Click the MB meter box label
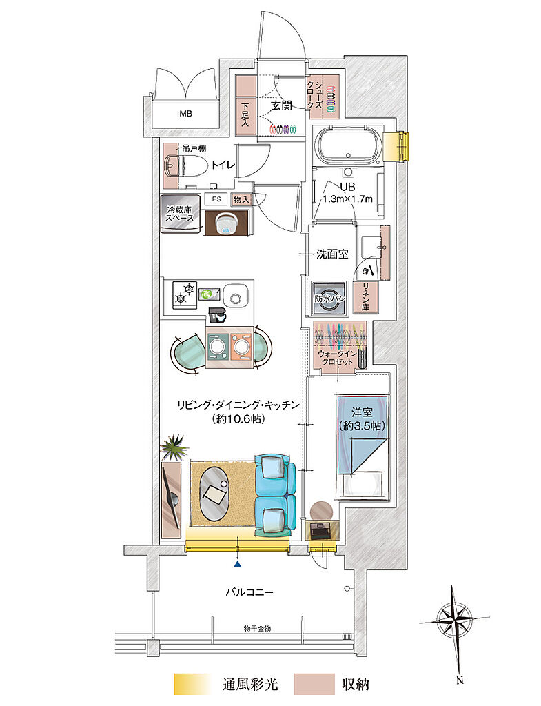click(185, 114)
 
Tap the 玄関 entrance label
click(281, 105)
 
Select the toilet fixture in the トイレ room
click(181, 165)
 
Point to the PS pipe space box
click(216, 199)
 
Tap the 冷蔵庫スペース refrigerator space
click(180, 214)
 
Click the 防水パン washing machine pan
click(329, 298)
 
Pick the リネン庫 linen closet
click(365, 297)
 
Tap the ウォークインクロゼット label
click(338, 358)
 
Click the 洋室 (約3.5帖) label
click(362, 418)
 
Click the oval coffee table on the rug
click(214, 494)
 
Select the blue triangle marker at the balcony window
click(237, 563)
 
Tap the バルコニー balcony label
click(249, 592)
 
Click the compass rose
click(456, 621)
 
